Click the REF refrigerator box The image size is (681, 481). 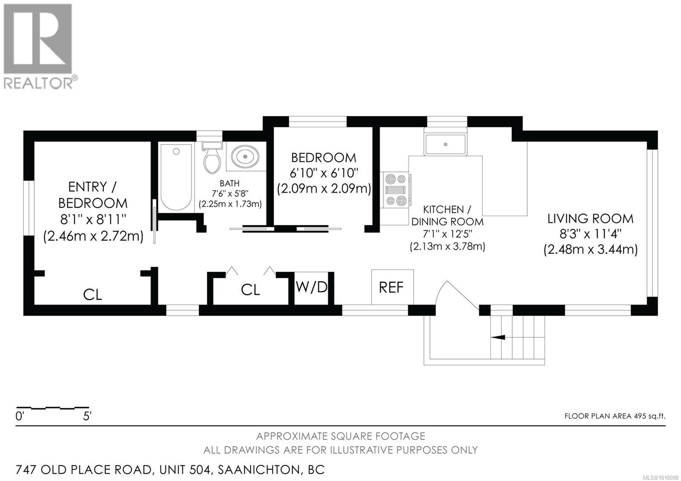(x=392, y=287)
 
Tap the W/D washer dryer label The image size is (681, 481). (x=312, y=288)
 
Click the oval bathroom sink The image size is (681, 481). (x=246, y=156)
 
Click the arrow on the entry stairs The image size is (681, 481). (x=498, y=337)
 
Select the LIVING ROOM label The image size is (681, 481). (x=590, y=219)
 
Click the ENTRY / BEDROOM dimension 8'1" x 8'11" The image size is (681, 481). (x=93, y=219)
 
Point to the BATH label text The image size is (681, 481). (x=229, y=183)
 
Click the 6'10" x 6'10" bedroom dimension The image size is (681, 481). (x=323, y=173)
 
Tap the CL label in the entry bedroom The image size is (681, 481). (x=92, y=294)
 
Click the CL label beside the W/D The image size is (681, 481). (x=250, y=290)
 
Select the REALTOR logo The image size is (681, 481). (x=38, y=46)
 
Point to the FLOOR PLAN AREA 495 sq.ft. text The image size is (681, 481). (x=614, y=416)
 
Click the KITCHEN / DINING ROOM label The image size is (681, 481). (x=447, y=215)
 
